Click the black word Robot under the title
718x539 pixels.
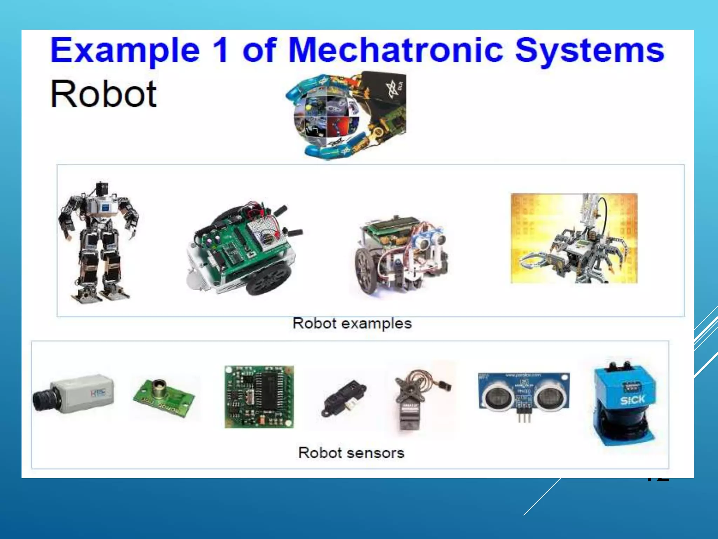click(103, 94)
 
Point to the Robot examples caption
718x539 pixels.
click(352, 323)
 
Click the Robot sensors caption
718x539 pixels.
click(351, 453)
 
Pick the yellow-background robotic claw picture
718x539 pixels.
click(574, 238)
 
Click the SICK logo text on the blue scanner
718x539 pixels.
click(632, 400)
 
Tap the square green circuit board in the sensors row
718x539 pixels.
click(259, 397)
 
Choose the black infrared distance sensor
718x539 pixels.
click(344, 398)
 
